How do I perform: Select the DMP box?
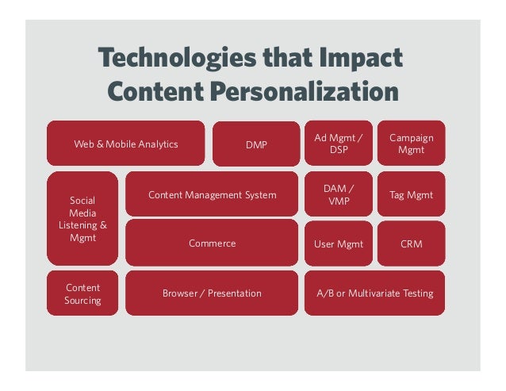[x=256, y=144]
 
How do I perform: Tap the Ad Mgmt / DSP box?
[x=338, y=144]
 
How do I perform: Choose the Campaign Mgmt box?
[x=411, y=144]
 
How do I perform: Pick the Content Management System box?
[x=212, y=195]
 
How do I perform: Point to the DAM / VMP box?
[x=338, y=195]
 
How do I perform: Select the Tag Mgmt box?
[x=411, y=195]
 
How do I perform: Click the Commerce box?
[x=212, y=243]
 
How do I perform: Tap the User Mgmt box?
[x=338, y=243]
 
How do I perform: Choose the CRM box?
[x=411, y=243]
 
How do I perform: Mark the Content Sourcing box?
[x=82, y=293]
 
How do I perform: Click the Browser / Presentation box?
[x=212, y=293]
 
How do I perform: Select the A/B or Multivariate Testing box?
[x=374, y=293]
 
